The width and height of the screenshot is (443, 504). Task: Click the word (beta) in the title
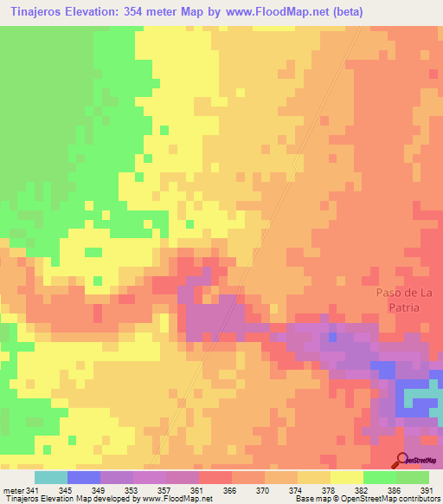[345, 12]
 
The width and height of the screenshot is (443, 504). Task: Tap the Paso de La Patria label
[398, 300]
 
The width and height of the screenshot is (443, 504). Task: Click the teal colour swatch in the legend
[51, 477]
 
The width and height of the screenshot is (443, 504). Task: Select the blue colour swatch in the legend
[84, 477]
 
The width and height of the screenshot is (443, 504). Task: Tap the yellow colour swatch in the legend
[346, 477]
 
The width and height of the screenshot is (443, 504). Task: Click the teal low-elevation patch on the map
[421, 397]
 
